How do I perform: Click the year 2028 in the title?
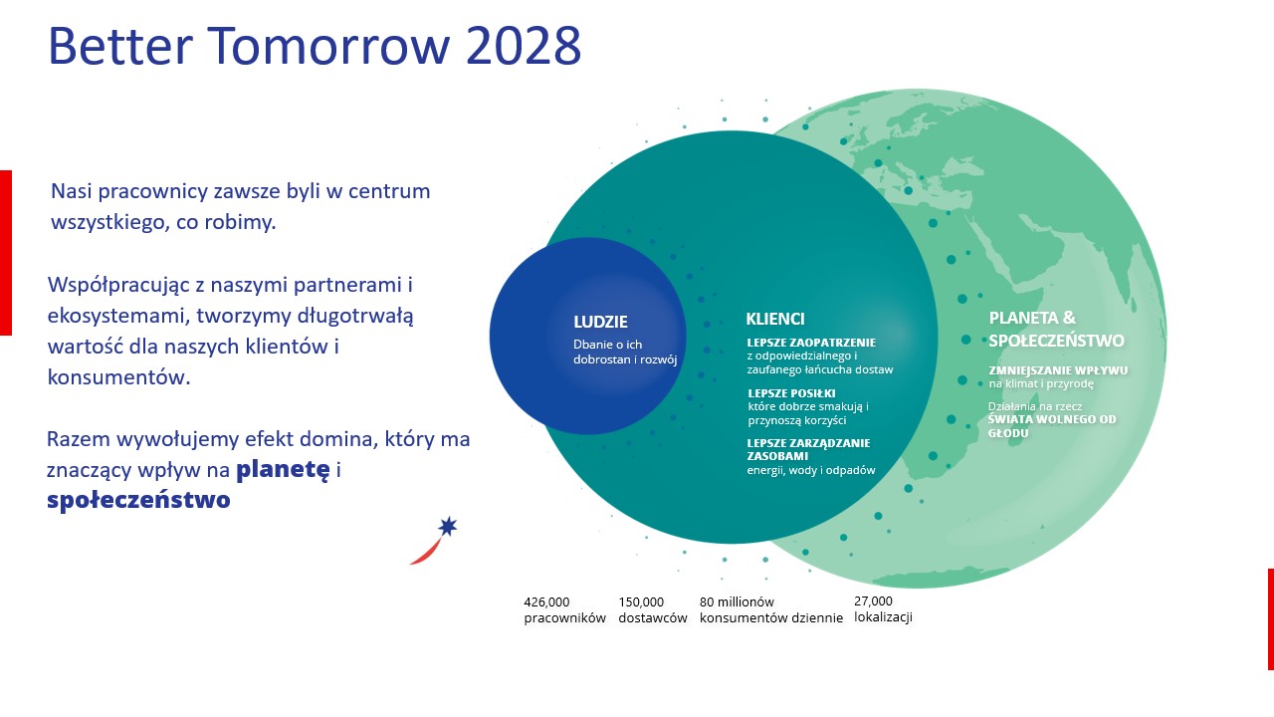click(x=511, y=46)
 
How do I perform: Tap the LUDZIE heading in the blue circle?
click(x=600, y=322)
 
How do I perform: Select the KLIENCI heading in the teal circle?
click(x=774, y=320)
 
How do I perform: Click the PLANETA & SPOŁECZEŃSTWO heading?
click(x=1055, y=330)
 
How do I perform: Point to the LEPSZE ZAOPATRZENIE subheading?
click(x=811, y=343)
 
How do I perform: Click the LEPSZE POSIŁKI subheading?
click(x=791, y=393)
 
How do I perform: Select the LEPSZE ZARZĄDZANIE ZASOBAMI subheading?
click(x=808, y=449)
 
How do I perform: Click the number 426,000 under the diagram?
click(x=546, y=601)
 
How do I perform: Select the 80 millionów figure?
click(x=737, y=601)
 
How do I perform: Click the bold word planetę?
click(x=282, y=469)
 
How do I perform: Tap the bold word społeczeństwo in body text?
click(x=138, y=500)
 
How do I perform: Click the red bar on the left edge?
click(x=5, y=252)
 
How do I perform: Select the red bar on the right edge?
click(x=1270, y=618)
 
